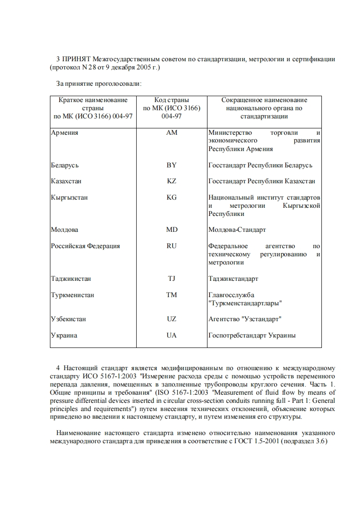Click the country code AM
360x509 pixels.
coord(172,132)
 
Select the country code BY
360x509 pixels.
coord(172,165)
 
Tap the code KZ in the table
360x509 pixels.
coord(172,181)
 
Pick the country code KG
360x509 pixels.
coord(172,197)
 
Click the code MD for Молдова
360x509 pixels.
coord(172,230)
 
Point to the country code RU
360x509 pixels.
coord(172,246)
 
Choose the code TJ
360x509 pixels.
coord(172,279)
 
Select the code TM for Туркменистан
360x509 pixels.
coord(172,295)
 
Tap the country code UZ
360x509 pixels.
coord(172,319)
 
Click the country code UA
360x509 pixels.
coord(172,335)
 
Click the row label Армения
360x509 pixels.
coord(64,132)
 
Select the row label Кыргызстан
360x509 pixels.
coord(69,197)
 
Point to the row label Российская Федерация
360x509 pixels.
coord(85,246)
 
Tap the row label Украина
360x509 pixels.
coord(64,335)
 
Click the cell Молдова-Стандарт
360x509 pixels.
coord(237,230)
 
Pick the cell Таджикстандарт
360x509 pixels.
coord(233,279)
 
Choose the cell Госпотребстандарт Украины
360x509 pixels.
coord(252,335)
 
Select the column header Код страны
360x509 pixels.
coord(172,100)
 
